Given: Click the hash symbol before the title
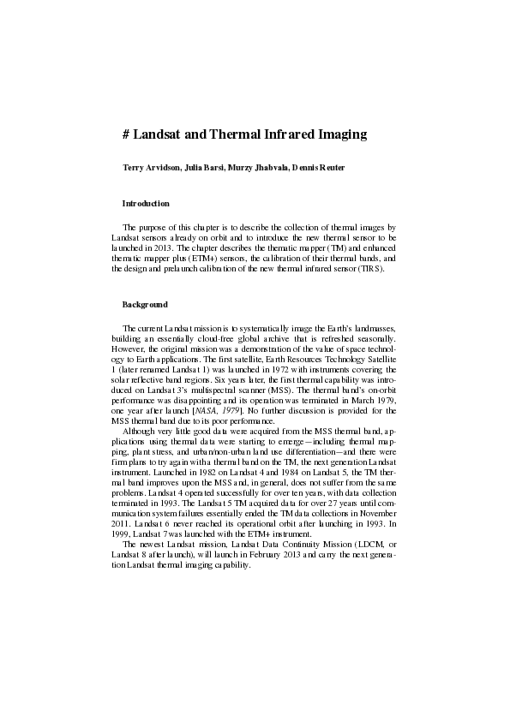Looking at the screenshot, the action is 126,134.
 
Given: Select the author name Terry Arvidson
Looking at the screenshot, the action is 152,167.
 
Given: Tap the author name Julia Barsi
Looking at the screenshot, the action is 204,167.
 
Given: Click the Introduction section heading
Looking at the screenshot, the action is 146,203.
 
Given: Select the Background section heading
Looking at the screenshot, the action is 145,305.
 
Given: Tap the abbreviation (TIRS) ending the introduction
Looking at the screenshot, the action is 370,268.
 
